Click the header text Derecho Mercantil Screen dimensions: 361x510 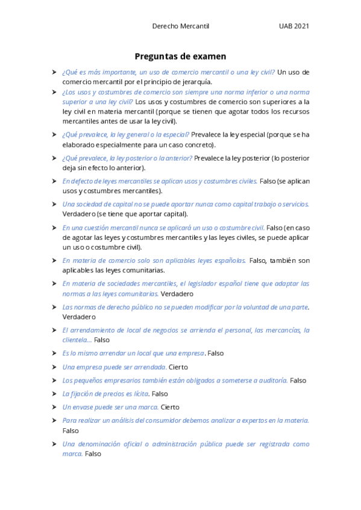[180, 26]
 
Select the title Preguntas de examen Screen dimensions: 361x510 [180, 57]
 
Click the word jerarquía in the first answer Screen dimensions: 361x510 [195, 82]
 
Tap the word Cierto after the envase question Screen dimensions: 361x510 [170, 407]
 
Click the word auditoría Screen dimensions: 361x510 [272, 381]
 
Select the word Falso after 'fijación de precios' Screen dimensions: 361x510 [160, 394]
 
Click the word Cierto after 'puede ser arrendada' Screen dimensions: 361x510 [178, 367]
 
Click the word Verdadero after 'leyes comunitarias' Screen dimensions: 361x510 [177, 294]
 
